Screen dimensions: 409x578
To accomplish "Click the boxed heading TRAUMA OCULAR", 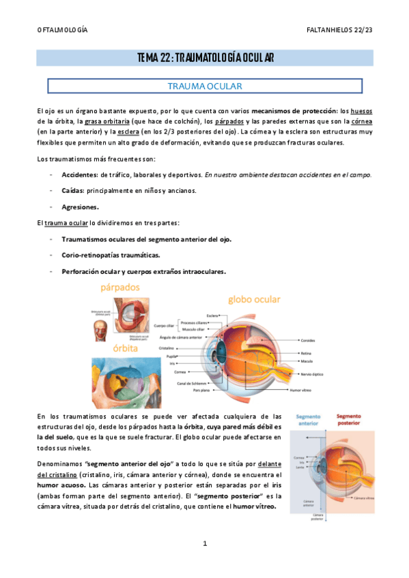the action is [204, 87].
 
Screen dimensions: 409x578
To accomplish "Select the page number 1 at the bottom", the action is [204, 543].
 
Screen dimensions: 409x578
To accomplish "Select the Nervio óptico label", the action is [312, 375].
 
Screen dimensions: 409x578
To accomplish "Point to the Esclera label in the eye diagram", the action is [212, 316].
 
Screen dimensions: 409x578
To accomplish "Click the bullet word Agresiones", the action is [80, 207].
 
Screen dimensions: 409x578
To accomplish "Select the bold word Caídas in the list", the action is [73, 191].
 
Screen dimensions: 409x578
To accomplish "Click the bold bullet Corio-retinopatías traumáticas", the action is [111, 255].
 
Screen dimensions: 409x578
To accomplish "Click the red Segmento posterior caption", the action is [348, 419].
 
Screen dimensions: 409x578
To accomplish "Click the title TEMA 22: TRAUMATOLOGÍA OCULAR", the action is [204, 58].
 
